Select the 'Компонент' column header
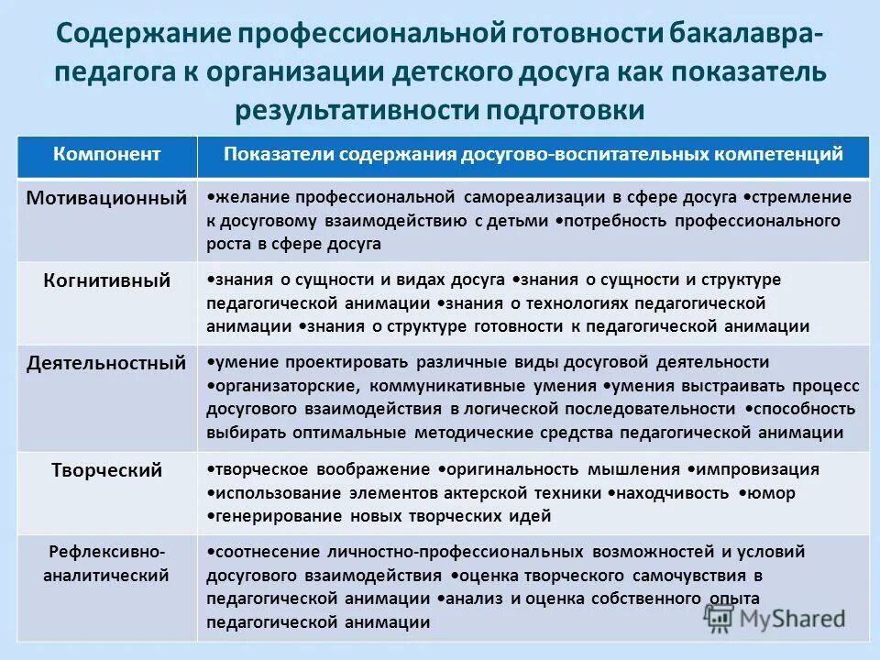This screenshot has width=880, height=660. coord(107,154)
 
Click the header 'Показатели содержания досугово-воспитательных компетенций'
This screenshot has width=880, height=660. coord(533,154)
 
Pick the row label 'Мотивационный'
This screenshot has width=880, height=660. coord(106,198)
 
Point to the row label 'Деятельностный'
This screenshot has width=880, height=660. coord(106,363)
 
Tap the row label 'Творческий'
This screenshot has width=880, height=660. coord(107,470)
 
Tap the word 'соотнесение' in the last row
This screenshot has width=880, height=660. coord(260,552)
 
